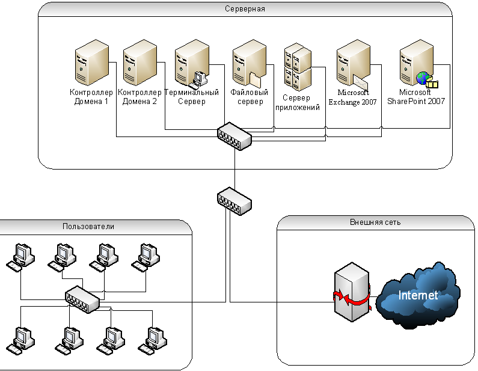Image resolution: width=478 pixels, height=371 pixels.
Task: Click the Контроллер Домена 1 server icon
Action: [92, 63]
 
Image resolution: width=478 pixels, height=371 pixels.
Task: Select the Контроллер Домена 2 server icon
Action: [140, 63]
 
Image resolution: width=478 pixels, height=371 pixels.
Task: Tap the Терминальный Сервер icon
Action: [192, 63]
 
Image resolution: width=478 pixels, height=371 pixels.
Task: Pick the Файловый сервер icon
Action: [250, 63]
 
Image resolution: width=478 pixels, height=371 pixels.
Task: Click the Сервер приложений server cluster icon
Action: [298, 67]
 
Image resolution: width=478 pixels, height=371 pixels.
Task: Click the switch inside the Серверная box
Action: [234, 136]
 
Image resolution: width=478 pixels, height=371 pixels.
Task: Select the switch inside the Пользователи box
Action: [82, 299]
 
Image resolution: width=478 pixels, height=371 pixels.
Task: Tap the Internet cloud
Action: [418, 295]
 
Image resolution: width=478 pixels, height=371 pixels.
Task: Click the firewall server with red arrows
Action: [352, 292]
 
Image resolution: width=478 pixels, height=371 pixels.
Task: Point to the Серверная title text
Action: [245, 9]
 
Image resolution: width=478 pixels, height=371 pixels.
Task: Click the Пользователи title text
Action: [88, 227]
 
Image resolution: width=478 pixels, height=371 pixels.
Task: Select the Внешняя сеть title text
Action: [375, 222]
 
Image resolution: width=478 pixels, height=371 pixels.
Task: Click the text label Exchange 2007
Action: [353, 102]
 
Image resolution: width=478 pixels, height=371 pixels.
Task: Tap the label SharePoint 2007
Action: [416, 101]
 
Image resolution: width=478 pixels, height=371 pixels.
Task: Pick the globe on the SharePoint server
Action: [423, 78]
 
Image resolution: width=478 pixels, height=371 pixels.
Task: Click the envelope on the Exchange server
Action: [361, 83]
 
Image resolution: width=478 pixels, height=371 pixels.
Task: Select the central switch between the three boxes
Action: [234, 201]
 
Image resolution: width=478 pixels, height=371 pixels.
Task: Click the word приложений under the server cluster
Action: [298, 108]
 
